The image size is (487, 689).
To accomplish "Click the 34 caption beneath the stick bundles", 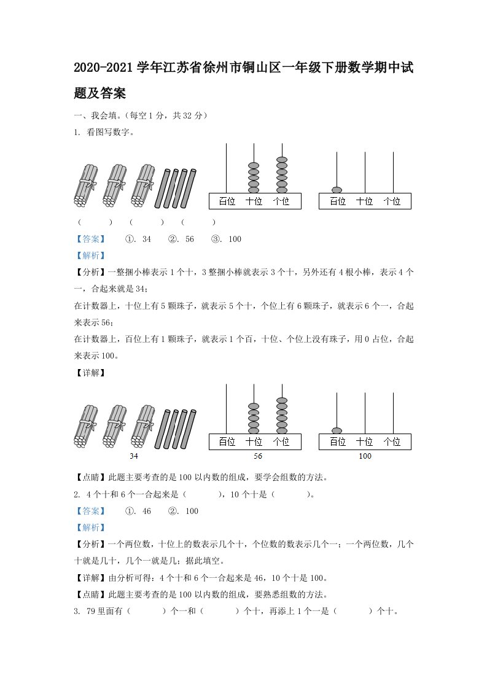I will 134,456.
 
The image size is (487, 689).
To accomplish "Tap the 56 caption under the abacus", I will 258,456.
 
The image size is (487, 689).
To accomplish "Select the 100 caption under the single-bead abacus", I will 365,456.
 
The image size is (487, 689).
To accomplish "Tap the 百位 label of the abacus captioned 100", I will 338,442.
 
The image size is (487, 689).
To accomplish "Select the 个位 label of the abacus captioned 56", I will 281,442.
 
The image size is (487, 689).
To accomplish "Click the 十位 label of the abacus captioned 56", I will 254,442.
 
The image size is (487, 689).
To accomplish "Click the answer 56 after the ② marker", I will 189,239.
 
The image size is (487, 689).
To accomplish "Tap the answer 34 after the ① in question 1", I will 146,239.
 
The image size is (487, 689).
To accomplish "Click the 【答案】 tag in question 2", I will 90,511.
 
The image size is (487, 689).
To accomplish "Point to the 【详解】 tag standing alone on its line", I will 90,372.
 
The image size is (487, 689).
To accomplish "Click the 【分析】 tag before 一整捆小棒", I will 90,272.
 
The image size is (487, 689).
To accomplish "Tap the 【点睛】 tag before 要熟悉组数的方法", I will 90,594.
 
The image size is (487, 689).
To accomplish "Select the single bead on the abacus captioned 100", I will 337,430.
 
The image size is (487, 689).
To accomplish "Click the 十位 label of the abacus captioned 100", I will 365,442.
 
